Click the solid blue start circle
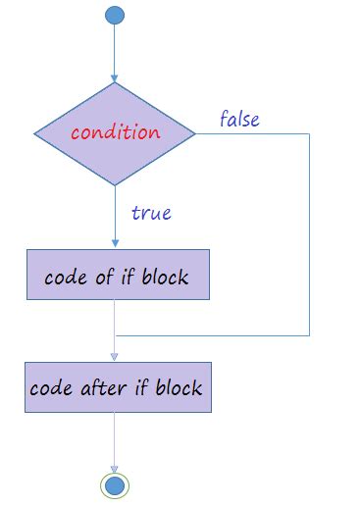pos(115,15)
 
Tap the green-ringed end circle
pos(115,484)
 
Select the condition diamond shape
pos(115,133)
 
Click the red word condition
pos(115,131)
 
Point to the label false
pos(239,120)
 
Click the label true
pos(151,212)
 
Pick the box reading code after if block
pos(116,386)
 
